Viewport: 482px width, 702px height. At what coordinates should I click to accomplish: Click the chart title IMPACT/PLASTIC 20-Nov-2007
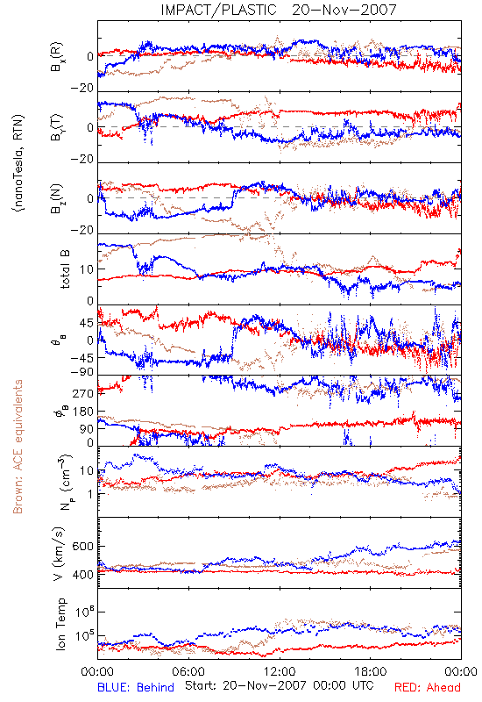[279, 10]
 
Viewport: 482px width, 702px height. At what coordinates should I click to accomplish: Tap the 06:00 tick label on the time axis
[188, 671]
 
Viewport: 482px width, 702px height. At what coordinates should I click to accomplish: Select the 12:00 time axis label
[280, 671]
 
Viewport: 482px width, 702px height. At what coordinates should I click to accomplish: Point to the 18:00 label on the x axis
[371, 671]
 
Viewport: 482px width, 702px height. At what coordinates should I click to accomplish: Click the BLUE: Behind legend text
[136, 687]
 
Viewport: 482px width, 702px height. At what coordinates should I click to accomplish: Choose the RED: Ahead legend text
[427, 687]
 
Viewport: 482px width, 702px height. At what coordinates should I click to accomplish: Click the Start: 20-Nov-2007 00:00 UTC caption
[279, 685]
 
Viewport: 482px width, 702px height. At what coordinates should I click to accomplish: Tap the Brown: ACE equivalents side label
[18, 447]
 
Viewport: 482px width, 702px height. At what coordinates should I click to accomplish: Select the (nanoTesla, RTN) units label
[18, 163]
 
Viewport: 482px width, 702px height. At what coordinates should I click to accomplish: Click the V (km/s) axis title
[59, 554]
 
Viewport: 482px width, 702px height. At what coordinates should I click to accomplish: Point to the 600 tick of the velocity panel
[82, 547]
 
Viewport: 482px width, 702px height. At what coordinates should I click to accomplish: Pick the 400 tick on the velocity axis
[82, 575]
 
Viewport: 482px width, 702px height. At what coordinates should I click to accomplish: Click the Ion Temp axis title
[60, 624]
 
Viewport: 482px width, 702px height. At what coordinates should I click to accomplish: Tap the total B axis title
[65, 269]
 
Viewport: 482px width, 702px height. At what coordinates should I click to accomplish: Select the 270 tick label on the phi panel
[83, 393]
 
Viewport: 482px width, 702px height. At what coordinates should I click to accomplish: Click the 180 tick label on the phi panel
[83, 412]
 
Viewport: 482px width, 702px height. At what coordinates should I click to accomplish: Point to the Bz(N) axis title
[57, 198]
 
